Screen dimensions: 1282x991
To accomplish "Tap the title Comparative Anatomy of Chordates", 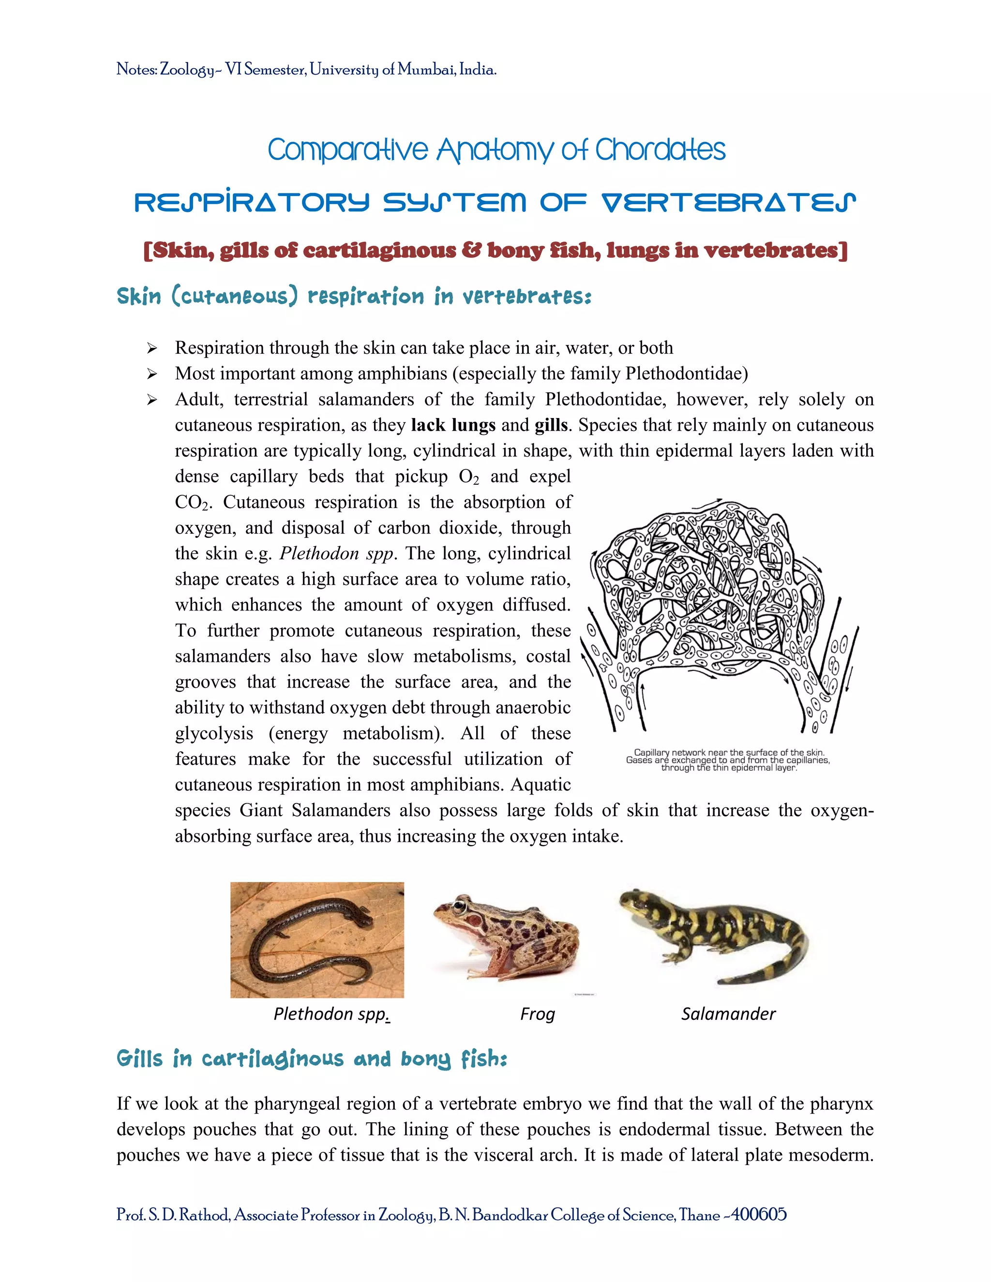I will coord(496,150).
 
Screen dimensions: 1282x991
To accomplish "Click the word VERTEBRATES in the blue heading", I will coord(728,203).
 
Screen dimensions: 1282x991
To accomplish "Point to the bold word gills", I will coord(551,425).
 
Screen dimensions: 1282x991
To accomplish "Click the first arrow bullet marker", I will coord(152,349).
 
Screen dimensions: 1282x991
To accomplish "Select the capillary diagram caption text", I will coord(728,760).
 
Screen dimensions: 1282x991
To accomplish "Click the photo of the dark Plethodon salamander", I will coord(317,940).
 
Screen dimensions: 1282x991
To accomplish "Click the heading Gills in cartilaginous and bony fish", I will coord(311,1059).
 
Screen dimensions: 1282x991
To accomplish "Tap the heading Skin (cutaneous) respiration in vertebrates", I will coord(353,297).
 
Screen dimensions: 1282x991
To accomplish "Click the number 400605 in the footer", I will coord(759,1214).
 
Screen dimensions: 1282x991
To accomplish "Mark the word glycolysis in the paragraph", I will coord(214,734).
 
